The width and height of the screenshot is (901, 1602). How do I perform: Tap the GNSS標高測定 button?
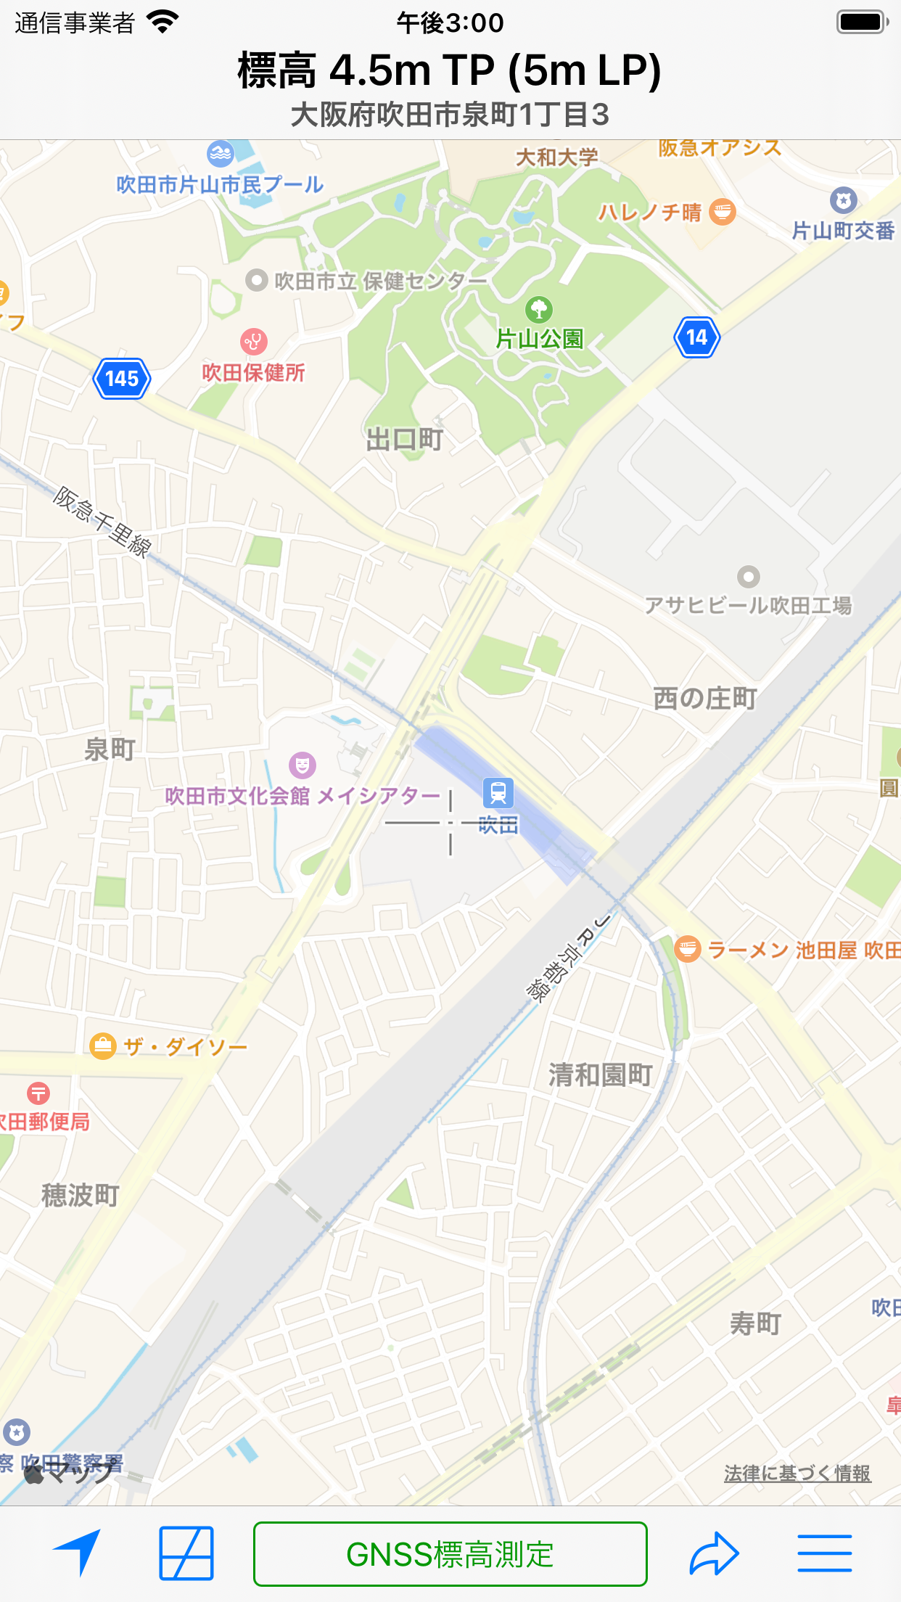[450, 1554]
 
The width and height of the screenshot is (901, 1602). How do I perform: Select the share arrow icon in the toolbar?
[714, 1553]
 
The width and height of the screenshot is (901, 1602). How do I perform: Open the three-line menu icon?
[824, 1553]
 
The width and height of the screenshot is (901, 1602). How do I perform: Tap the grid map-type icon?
[186, 1553]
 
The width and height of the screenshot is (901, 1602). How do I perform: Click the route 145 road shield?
[122, 378]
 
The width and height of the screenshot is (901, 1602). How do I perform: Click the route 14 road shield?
[696, 337]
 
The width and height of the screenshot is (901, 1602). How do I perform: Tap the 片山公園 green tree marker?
[538, 310]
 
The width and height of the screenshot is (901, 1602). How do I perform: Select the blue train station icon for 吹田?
[498, 792]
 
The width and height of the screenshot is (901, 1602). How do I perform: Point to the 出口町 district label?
[404, 440]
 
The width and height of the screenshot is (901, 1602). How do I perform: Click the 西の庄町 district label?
[704, 699]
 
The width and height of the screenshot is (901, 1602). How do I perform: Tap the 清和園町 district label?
[601, 1075]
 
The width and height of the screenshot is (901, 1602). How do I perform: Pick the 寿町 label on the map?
[755, 1323]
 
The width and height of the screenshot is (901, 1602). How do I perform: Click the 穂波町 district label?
[81, 1195]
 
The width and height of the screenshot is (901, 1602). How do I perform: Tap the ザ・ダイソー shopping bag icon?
[103, 1046]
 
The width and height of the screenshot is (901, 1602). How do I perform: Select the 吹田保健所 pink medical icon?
[253, 340]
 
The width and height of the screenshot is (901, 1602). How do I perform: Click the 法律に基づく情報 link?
[797, 1474]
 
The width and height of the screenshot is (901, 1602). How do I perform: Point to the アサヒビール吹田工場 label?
[748, 605]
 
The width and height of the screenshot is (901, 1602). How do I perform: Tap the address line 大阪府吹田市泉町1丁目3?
[450, 115]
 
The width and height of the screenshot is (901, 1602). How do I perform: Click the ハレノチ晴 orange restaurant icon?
[722, 212]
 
